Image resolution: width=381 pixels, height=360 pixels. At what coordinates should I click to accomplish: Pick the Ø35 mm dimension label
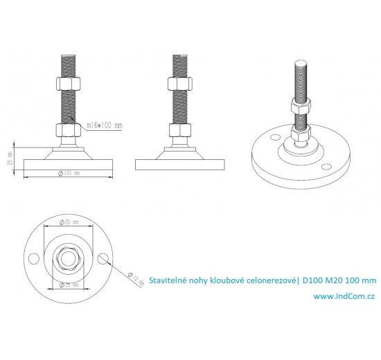[68, 285]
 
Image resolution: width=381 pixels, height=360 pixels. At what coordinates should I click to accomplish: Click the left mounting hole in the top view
[32, 258]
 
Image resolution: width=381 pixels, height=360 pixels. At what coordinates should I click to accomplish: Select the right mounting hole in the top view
[103, 258]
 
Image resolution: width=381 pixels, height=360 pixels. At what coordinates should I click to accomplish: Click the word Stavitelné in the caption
[170, 280]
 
